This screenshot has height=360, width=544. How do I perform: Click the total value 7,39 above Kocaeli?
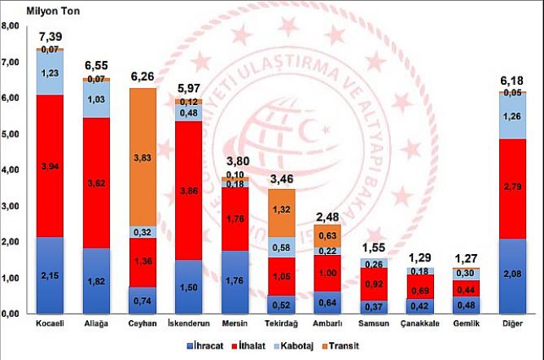[50, 38]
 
